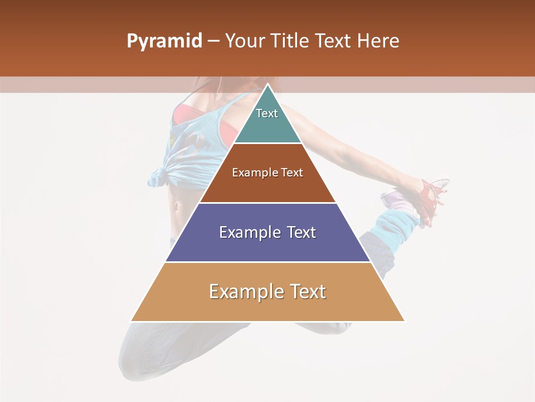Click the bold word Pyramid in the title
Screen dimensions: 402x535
click(164, 41)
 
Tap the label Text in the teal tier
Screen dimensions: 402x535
click(267, 113)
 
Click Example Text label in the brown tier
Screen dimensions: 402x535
click(267, 173)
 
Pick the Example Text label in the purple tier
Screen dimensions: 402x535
click(267, 232)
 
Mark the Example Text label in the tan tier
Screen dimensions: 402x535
click(267, 291)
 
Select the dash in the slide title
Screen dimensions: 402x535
click(213, 41)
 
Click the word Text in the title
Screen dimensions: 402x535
click(334, 41)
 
